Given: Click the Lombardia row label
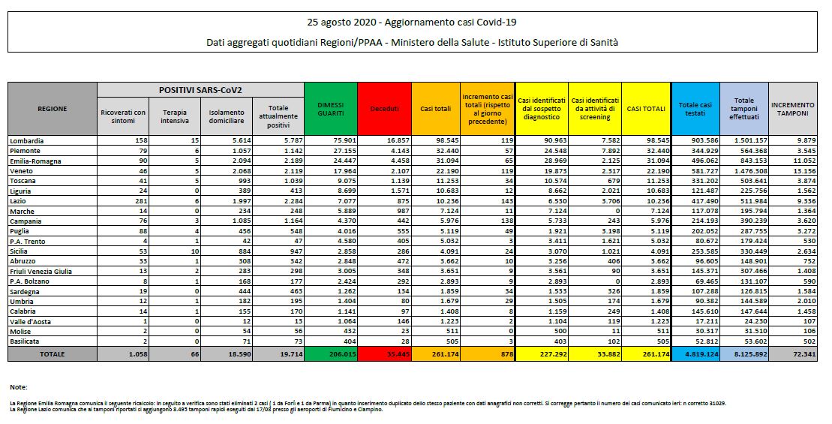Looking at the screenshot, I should tap(27, 140).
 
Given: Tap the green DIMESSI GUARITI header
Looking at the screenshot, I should tap(331, 109).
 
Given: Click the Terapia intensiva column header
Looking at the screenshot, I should tap(175, 116).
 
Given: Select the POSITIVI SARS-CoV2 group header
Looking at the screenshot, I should tap(200, 89).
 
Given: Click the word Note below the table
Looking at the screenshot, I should tap(19, 387).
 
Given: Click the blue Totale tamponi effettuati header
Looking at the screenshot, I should tap(744, 109).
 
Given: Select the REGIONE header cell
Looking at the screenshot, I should tap(52, 109).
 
